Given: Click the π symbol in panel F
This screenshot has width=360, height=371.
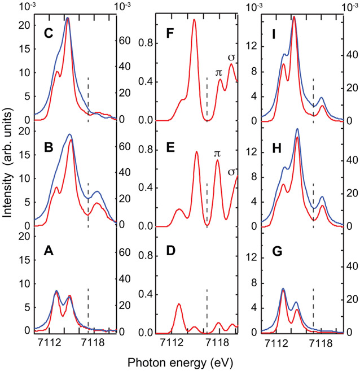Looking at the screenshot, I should [219, 72].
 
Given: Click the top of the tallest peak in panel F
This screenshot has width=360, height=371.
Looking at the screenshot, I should [194, 20].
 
